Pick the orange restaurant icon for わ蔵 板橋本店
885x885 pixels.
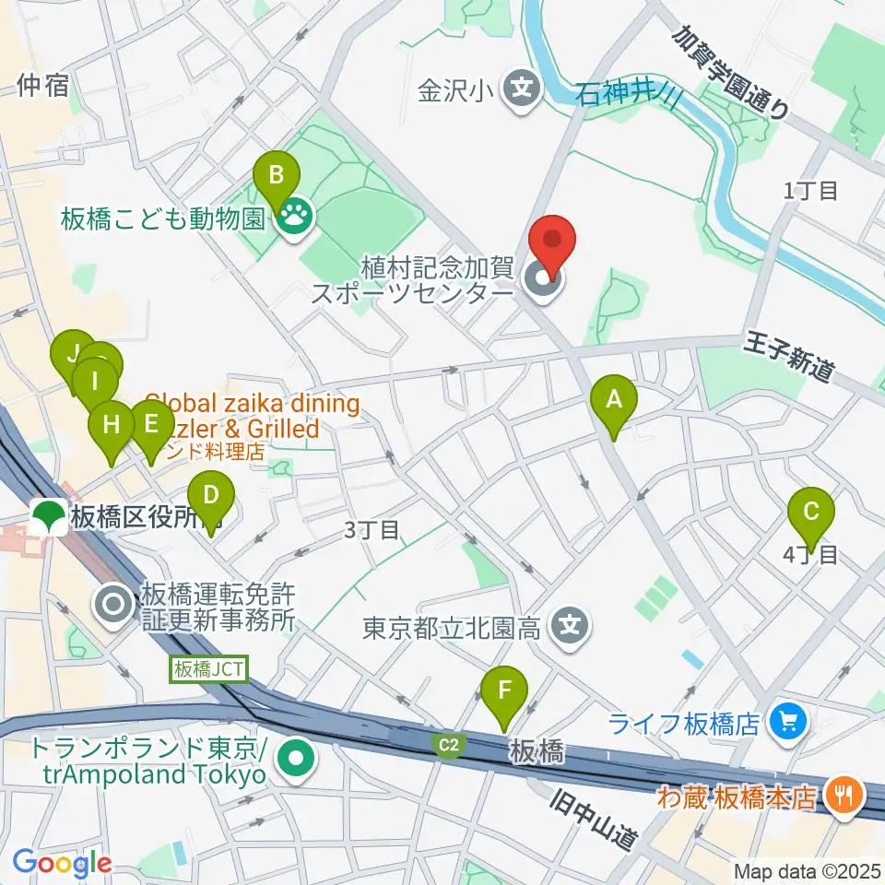click(844, 796)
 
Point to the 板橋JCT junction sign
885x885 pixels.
click(210, 668)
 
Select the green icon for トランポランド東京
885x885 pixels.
click(297, 761)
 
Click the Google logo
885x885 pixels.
click(63, 864)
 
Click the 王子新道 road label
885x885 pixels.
click(789, 358)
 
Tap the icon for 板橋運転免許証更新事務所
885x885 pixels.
click(114, 606)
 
